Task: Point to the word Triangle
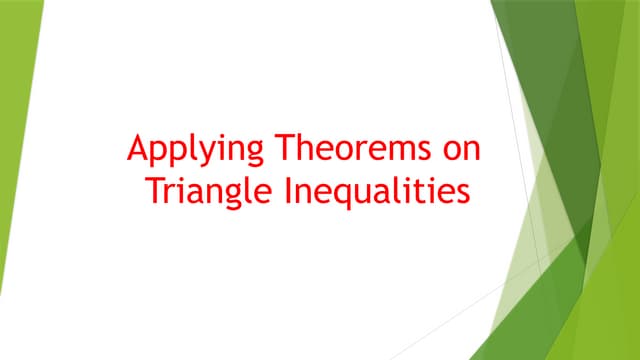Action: pyautogui.click(x=202, y=191)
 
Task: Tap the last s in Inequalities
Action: pyautogui.click(x=462, y=191)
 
